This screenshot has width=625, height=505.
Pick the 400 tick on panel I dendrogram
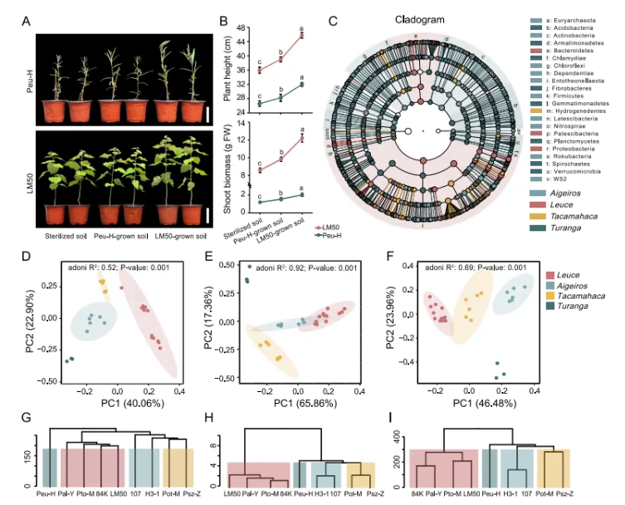(400, 435)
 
